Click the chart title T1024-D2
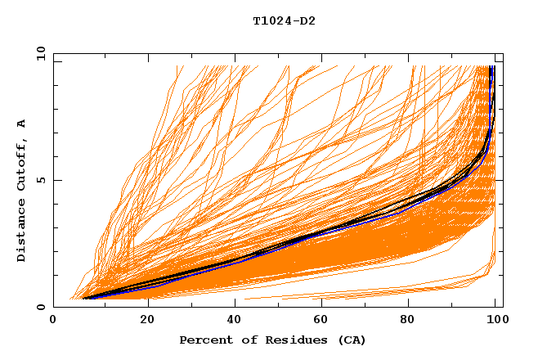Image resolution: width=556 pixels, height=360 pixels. click(x=284, y=21)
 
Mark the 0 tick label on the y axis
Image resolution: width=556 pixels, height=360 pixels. click(x=41, y=307)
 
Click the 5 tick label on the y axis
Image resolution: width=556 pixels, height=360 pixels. click(x=41, y=180)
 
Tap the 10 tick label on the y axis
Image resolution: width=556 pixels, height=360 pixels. click(x=38, y=54)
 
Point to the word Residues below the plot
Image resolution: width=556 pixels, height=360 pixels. click(x=285, y=340)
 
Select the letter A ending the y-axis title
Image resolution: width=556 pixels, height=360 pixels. click(x=22, y=124)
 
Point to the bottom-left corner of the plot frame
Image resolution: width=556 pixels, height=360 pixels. click(x=53, y=307)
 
